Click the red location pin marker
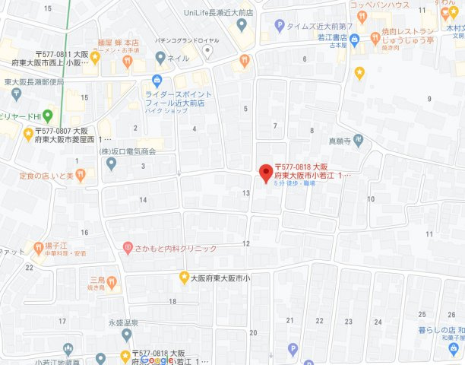[265, 173]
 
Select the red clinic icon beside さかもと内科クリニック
[128, 248]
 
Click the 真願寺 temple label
[340, 141]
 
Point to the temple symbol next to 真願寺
[359, 141]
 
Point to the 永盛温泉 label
[122, 322]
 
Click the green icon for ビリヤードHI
[47, 116]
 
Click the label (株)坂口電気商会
[128, 151]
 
